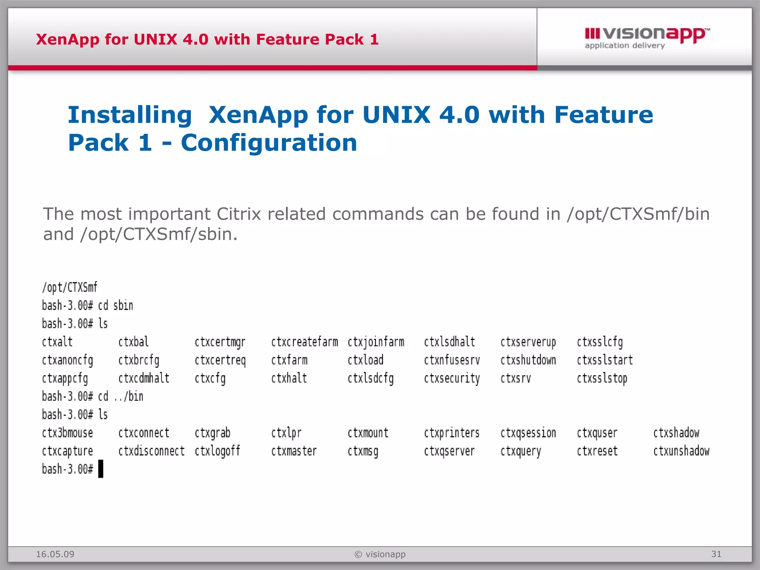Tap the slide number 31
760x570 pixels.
pos(716,554)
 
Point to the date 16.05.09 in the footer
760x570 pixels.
pos(55,554)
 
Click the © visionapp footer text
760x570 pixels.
pos(380,554)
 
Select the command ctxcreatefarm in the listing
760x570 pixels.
pos(304,342)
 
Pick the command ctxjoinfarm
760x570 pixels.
pos(376,342)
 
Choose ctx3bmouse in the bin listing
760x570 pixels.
pos(67,433)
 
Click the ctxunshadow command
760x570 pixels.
pos(681,451)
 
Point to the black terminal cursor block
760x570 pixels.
pos(101,469)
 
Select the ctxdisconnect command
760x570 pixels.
pos(151,451)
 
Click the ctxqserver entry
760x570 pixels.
pos(449,451)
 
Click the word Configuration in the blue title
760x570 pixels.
pos(269,143)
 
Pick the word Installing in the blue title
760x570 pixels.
pos(130,115)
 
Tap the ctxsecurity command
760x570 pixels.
pos(452,379)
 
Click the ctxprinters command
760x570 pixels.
pos(452,433)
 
